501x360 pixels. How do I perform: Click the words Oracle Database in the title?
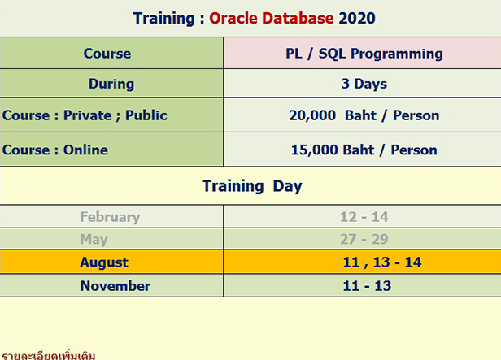(272, 18)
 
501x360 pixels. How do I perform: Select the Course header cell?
(107, 54)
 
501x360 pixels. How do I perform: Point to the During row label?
(111, 84)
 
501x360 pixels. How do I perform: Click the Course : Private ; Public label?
(85, 115)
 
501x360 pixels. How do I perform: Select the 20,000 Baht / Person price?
(364, 115)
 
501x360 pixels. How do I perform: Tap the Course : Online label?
(55, 150)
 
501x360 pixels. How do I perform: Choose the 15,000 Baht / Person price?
(364, 150)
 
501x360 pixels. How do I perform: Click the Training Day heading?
(252, 186)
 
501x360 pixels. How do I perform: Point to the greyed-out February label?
(110, 217)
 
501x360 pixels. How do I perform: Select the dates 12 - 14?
(364, 217)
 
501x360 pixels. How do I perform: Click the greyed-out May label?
(94, 239)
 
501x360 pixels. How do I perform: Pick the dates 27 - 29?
(364, 239)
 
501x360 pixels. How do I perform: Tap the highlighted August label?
(104, 262)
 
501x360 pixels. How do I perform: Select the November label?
(115, 286)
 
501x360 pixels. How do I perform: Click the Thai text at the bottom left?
(49, 355)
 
